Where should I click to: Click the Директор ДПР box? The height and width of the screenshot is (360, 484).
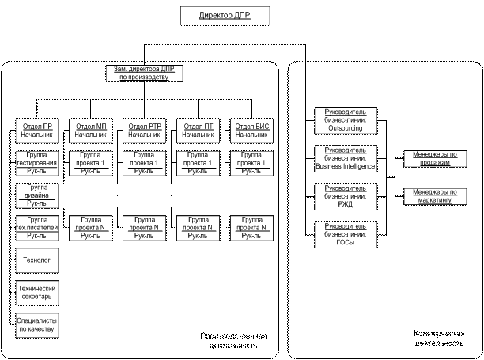click(x=225, y=16)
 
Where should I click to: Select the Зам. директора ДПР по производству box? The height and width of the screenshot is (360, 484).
click(x=144, y=74)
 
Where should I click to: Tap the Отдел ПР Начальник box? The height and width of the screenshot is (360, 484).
click(x=36, y=131)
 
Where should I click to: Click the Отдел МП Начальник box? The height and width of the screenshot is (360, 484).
click(x=90, y=131)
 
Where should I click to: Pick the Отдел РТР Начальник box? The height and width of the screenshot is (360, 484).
click(x=144, y=131)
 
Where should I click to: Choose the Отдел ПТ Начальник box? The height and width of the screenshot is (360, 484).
click(x=198, y=131)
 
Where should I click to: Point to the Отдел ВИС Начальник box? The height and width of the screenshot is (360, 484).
click(x=251, y=131)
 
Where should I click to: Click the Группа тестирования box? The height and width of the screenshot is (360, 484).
click(x=36, y=162)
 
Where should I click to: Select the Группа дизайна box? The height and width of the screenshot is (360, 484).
click(x=36, y=195)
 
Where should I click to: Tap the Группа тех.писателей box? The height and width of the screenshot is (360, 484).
click(x=36, y=227)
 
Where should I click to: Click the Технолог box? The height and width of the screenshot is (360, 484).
click(x=36, y=260)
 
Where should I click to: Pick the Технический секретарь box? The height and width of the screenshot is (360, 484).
click(x=36, y=293)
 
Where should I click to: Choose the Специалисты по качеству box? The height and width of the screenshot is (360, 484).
click(x=36, y=324)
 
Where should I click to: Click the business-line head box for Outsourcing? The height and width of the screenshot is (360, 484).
click(x=345, y=120)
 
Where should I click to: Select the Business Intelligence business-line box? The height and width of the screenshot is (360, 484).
click(x=345, y=158)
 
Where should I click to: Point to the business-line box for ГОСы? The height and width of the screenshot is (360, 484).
click(x=345, y=234)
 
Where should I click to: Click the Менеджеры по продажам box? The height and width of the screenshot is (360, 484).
click(x=435, y=158)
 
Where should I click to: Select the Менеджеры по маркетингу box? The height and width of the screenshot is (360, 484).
click(x=435, y=196)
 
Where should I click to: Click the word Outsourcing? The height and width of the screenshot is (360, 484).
click(x=345, y=128)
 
